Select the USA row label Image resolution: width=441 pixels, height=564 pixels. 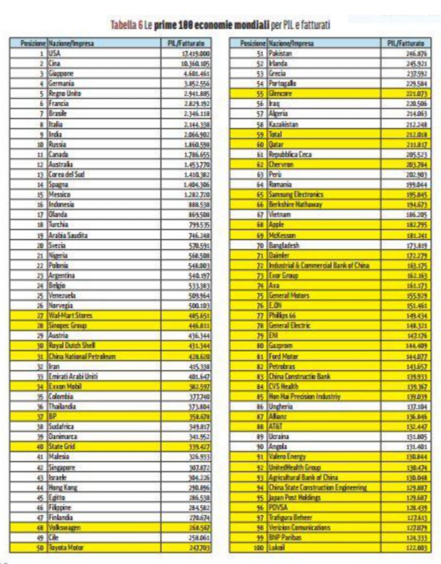coord(55,53)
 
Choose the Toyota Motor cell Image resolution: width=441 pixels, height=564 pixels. coord(66,548)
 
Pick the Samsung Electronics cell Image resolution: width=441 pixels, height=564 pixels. coord(296,195)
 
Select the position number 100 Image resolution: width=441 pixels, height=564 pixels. coord(258,548)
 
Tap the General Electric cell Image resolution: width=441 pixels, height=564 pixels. coord(292,326)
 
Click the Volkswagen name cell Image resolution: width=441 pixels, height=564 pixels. coord(65,528)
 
